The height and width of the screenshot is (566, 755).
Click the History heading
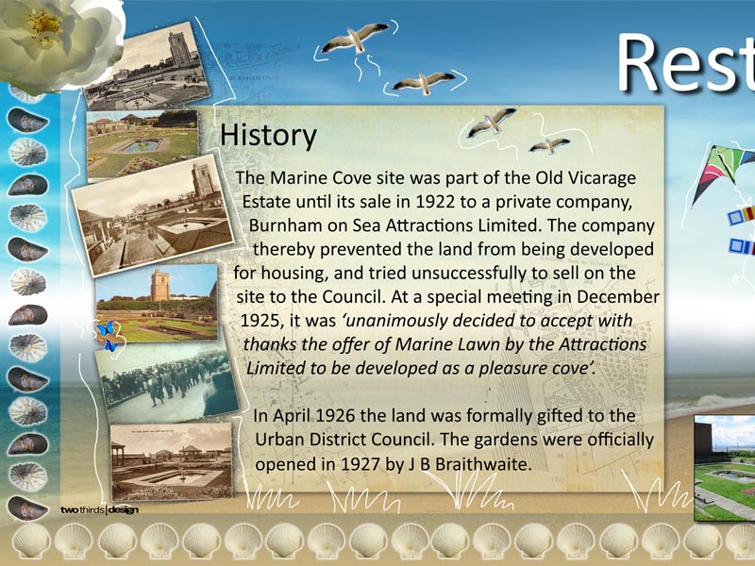coord(268,136)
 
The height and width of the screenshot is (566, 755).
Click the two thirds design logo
coord(99,509)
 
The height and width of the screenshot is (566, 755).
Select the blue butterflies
coord(108,335)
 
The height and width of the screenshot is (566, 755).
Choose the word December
coord(618,297)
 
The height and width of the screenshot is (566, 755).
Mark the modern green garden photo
coord(724,468)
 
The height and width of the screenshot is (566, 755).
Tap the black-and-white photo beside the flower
coord(147,66)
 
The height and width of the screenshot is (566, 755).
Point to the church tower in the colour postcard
coord(159,285)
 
